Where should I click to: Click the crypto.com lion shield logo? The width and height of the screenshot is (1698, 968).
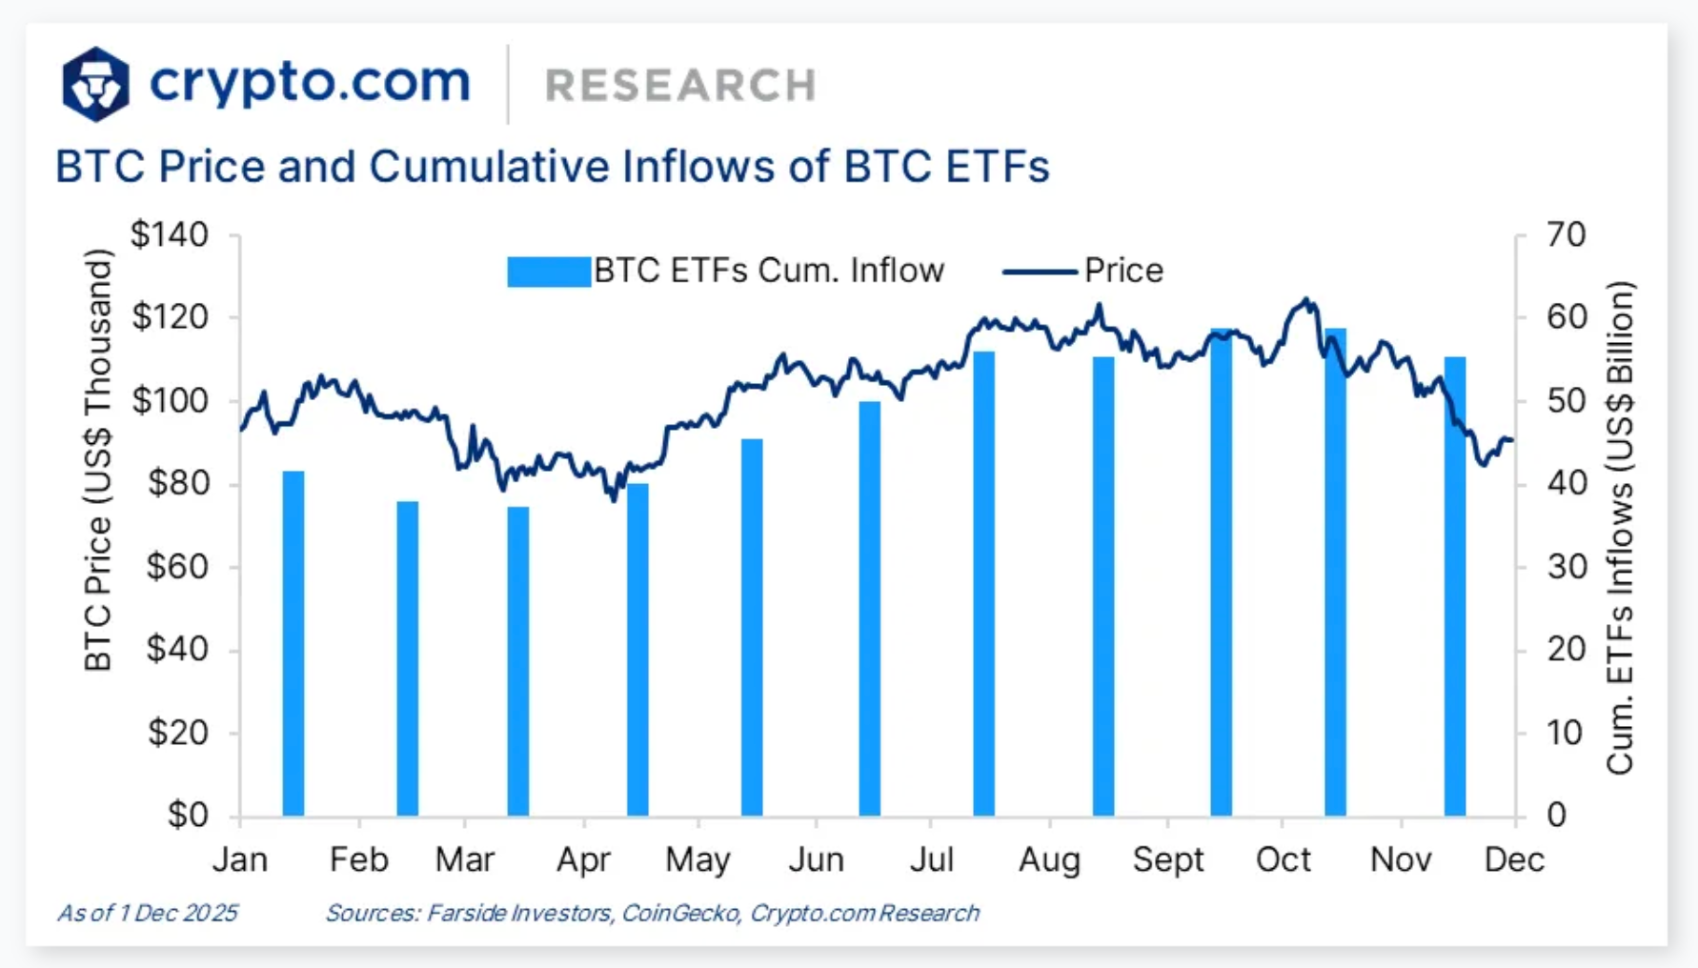(x=95, y=84)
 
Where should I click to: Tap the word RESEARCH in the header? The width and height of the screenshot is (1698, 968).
(x=680, y=86)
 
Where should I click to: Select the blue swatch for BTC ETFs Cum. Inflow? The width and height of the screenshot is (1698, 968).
(x=548, y=272)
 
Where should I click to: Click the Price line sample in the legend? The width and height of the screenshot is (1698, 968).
(x=1041, y=272)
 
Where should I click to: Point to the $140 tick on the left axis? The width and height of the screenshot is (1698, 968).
(x=170, y=234)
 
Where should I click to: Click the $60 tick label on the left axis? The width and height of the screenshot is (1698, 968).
(x=177, y=567)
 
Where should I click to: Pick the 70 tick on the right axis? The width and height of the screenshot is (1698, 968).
(x=1566, y=234)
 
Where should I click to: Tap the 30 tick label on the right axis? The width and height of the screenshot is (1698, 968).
(x=1566, y=567)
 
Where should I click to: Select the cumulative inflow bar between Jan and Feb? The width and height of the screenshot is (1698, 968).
(x=293, y=643)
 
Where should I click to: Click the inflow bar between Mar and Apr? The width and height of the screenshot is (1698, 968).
(x=517, y=661)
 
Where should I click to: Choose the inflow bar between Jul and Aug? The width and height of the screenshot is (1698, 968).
(x=983, y=583)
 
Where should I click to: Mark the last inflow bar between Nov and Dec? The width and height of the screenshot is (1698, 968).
(x=1454, y=586)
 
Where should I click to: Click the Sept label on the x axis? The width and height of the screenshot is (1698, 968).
(x=1168, y=860)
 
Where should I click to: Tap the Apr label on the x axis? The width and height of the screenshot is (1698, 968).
(x=583, y=860)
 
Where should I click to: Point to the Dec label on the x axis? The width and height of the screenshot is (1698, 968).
(x=1514, y=860)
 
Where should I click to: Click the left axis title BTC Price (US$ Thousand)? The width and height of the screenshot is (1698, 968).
(x=98, y=460)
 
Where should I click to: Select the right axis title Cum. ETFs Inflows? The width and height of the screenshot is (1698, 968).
(x=1620, y=527)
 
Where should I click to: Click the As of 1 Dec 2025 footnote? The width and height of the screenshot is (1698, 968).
(x=148, y=914)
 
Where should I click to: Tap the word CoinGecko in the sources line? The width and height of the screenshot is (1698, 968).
(x=680, y=914)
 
